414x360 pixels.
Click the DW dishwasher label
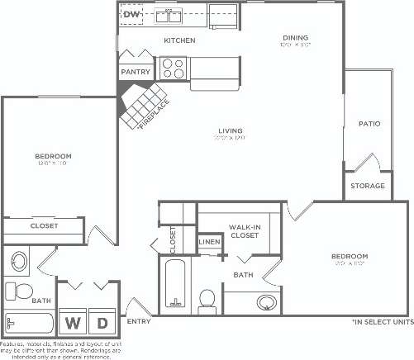point(132,14)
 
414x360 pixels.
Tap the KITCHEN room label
point(179,40)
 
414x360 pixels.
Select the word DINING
point(295,37)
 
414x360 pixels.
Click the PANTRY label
point(136,72)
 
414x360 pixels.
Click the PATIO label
point(369,124)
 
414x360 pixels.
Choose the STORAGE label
point(368,186)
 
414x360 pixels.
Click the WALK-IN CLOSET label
point(245,231)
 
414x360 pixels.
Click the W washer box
point(74,322)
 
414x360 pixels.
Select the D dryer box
point(103,322)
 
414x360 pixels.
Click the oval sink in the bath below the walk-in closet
point(266,302)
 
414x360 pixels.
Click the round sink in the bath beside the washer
point(19,263)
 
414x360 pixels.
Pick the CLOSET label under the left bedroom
point(43,225)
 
